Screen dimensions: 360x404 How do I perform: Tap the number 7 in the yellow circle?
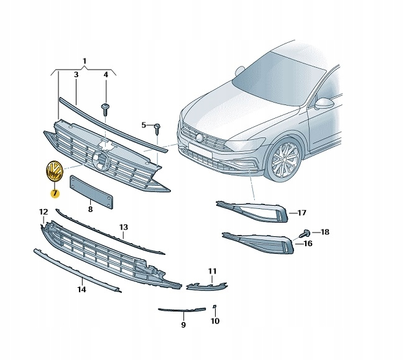55,193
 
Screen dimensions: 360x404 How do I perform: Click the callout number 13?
123,228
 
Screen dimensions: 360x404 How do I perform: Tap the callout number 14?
81,288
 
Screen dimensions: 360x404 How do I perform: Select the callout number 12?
43,213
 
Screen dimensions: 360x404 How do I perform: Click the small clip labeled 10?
214,307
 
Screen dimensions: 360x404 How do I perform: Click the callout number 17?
302,213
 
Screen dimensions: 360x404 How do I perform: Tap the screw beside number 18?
306,233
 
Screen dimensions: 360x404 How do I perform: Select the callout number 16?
306,244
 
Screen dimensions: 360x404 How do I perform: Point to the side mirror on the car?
325,104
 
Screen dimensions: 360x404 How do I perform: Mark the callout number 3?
76,75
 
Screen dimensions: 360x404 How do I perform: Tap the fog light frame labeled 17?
255,210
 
